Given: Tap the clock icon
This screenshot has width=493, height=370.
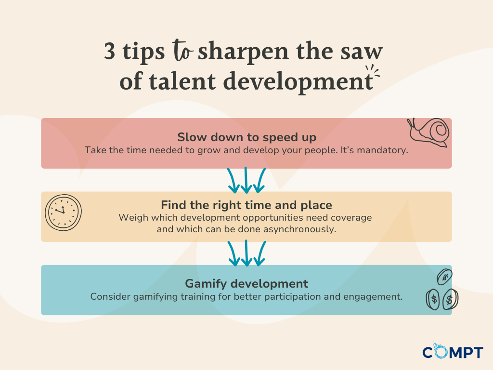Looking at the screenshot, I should [63, 211].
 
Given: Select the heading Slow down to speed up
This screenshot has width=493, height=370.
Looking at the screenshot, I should [246, 137].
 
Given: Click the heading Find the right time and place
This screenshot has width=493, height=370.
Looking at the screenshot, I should [246, 205].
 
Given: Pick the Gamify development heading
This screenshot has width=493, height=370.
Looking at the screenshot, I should [246, 283].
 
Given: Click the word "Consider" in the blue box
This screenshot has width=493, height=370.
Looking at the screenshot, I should [110, 296].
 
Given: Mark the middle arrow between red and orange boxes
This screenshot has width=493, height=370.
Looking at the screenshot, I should [246, 180].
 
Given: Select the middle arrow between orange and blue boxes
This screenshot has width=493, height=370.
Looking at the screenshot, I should [246, 253].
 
